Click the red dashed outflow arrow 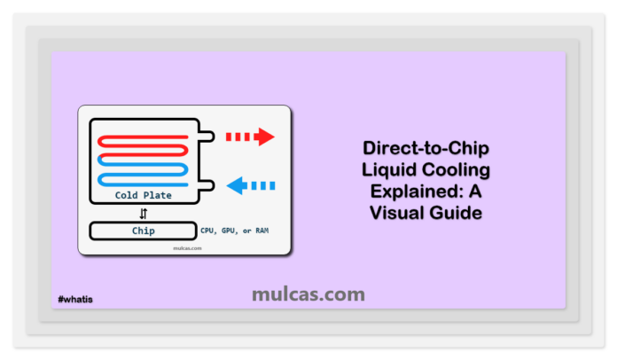(251, 137)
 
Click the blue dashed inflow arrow (251, 185)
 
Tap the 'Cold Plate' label (144, 195)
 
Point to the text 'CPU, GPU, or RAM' (236, 231)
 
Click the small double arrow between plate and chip (144, 213)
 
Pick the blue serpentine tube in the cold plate (142, 173)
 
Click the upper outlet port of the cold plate (208, 137)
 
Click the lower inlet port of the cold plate (208, 185)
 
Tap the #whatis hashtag (75, 300)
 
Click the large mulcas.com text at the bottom (308, 293)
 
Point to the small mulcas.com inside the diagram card (184, 248)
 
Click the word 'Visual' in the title (394, 214)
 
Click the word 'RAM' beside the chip (260, 231)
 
